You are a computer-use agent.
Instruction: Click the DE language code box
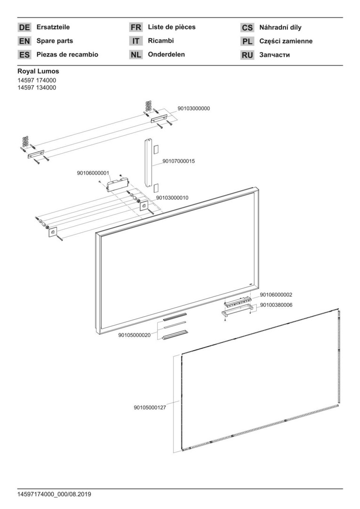[25, 27]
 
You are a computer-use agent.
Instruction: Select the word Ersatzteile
[53, 27]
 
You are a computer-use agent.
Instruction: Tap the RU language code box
[247, 55]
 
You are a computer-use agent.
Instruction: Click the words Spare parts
[55, 41]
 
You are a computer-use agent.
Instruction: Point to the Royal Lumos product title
[38, 71]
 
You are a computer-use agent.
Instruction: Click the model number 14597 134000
[37, 88]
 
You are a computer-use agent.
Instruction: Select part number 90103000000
[194, 108]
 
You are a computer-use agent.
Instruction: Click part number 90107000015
[179, 161]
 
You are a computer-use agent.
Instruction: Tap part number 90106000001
[93, 173]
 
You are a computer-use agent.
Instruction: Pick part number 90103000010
[172, 197]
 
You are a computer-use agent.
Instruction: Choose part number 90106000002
[276, 295]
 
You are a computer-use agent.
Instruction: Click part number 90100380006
[276, 305]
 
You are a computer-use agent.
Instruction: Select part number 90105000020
[134, 336]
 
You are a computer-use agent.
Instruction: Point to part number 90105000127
[150, 407]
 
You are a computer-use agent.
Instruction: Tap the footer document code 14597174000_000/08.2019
[54, 494]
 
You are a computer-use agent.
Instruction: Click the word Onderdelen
[166, 54]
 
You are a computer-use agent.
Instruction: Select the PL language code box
[247, 41]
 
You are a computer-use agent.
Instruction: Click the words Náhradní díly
[280, 27]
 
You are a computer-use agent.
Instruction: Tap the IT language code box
[136, 41]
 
